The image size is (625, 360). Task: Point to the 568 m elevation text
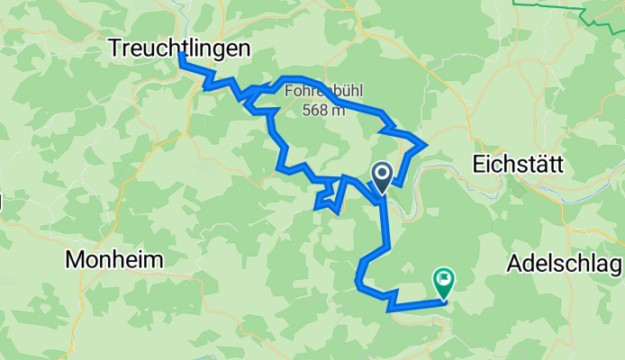point(322,110)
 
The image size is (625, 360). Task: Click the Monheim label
point(113,260)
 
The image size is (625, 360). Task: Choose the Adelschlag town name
point(565,263)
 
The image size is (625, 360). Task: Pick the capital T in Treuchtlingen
point(115,48)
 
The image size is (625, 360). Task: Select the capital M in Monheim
point(74,260)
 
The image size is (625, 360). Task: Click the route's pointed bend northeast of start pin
point(424,143)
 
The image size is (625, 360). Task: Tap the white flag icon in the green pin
point(443,278)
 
